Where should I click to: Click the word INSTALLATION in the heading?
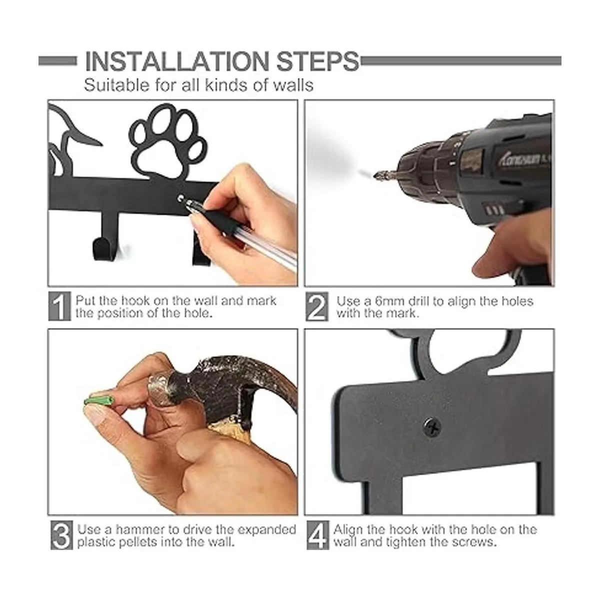click(x=177, y=61)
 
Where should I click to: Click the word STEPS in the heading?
click(x=318, y=61)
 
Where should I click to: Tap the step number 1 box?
click(x=59, y=306)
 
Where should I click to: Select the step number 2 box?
click(x=316, y=306)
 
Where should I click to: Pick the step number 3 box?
click(x=61, y=535)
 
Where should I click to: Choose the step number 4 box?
click(x=318, y=535)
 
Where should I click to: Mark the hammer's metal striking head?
click(x=161, y=389)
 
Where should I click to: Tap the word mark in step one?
click(x=261, y=301)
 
